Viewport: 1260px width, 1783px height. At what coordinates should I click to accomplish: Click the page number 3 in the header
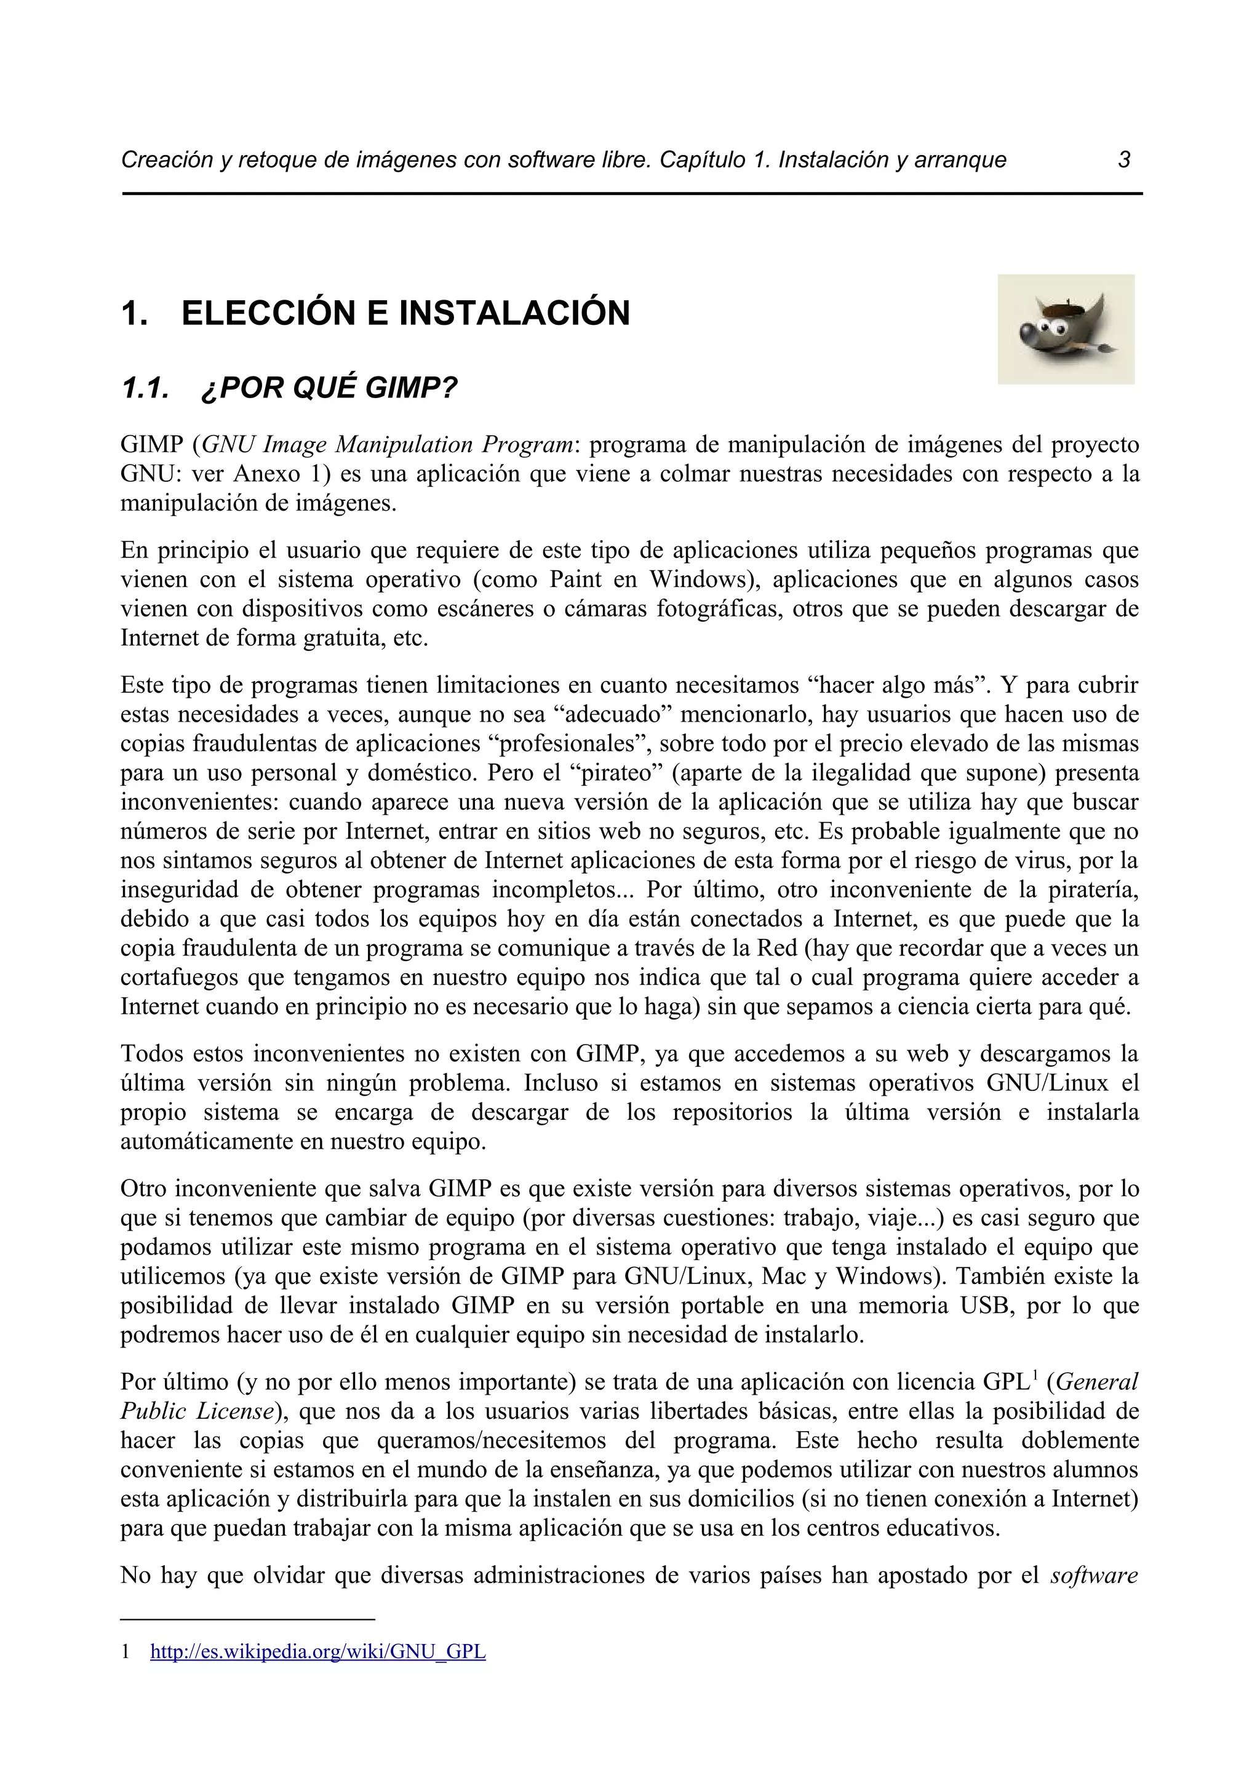(x=1123, y=160)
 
